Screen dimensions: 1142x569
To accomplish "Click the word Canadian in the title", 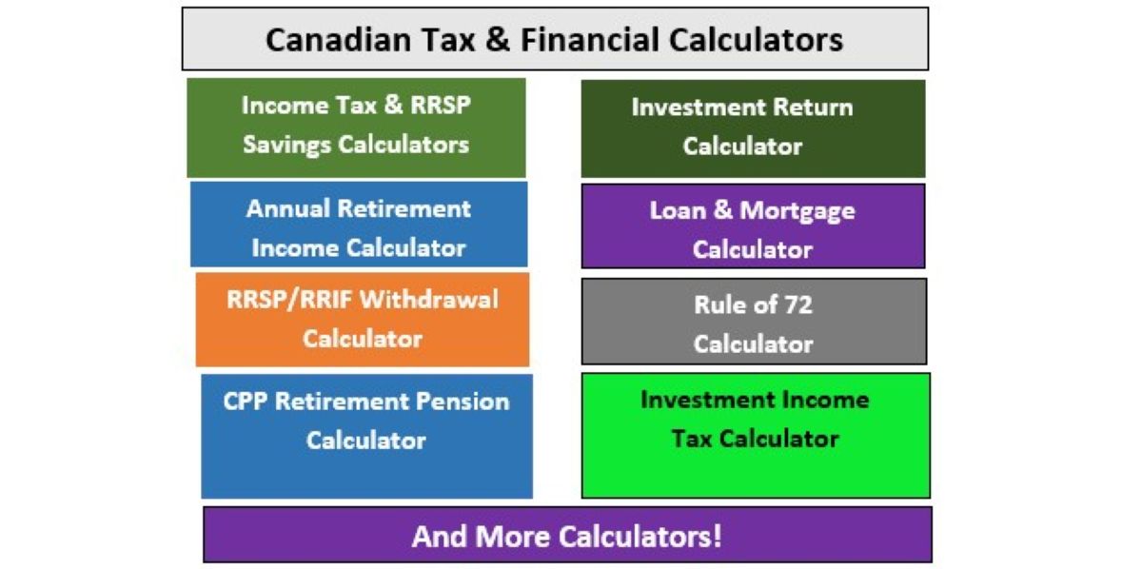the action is click(x=339, y=40).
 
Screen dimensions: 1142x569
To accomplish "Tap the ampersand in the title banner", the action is click(x=498, y=40).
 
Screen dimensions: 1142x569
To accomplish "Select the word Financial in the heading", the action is click(x=590, y=40).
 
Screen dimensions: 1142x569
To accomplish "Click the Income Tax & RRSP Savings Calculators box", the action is click(x=356, y=128).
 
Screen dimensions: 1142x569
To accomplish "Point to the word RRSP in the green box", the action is click(x=441, y=106).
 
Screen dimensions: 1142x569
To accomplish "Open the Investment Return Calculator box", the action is click(x=753, y=128).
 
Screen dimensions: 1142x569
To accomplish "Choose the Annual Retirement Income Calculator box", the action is click(x=359, y=225).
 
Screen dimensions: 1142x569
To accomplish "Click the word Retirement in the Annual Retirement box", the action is click(x=404, y=208).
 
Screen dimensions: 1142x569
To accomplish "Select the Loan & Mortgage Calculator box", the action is click(x=753, y=226).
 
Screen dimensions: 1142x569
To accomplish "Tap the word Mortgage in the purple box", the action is click(x=797, y=211).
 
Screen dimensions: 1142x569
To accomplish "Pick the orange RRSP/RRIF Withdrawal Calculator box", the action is click(x=363, y=320).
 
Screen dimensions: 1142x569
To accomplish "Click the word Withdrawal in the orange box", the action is click(x=429, y=300).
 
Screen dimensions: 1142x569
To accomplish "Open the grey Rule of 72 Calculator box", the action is click(x=754, y=322).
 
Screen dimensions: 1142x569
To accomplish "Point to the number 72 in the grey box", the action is click(x=797, y=304).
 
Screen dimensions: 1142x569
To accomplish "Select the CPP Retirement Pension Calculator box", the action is click(x=367, y=437).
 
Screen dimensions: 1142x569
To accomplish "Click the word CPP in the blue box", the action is click(x=246, y=402).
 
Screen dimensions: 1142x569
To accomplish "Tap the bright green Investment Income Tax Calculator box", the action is click(x=756, y=436).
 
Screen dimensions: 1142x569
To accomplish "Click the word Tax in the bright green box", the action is click(x=691, y=439).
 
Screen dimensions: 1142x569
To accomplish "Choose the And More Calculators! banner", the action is click(x=567, y=535).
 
